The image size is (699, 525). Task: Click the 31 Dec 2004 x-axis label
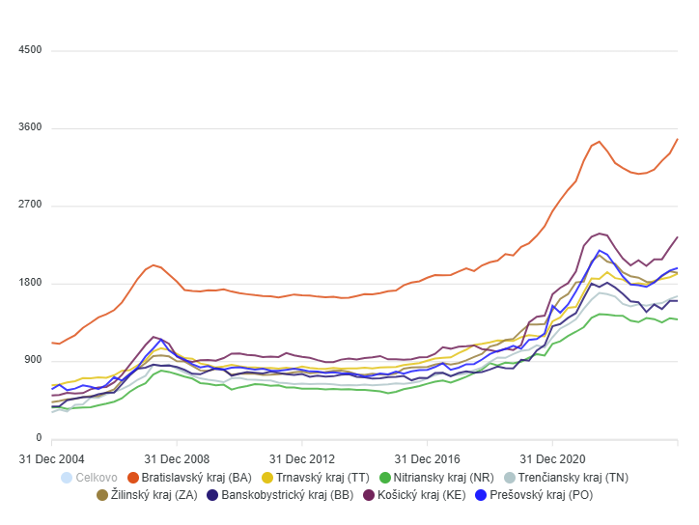coord(51,457)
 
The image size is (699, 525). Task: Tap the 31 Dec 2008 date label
coord(177,457)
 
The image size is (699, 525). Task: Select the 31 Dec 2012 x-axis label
coord(301,457)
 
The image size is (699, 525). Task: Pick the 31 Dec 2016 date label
coord(427,457)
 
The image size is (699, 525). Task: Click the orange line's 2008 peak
coord(154,264)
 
